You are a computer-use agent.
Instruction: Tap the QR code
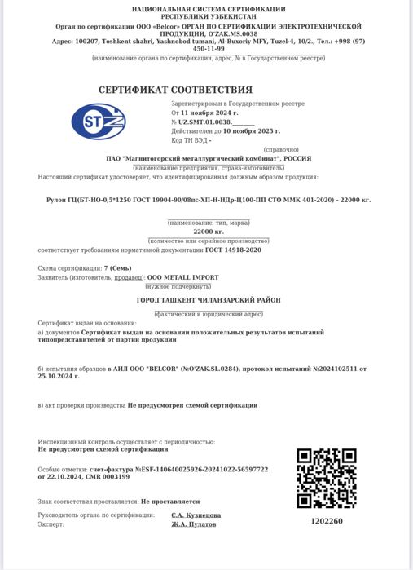pyautogui.click(x=326, y=479)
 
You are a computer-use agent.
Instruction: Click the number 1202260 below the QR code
pyautogui.click(x=327, y=522)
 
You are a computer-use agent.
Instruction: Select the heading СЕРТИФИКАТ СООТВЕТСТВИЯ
pyautogui.click(x=175, y=90)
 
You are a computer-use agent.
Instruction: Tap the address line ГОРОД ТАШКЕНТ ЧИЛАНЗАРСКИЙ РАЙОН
pyautogui.click(x=208, y=300)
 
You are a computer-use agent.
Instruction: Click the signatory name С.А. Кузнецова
pyautogui.click(x=196, y=515)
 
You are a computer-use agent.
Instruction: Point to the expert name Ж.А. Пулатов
pyautogui.click(x=193, y=524)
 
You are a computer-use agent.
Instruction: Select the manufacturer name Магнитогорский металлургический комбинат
pyautogui.click(x=209, y=158)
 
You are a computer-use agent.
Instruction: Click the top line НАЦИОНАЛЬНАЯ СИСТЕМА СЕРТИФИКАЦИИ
pyautogui.click(x=208, y=7)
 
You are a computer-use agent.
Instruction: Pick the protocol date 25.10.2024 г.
pyautogui.click(x=59, y=376)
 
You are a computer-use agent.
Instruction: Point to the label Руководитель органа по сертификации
pyautogui.click(x=96, y=515)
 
